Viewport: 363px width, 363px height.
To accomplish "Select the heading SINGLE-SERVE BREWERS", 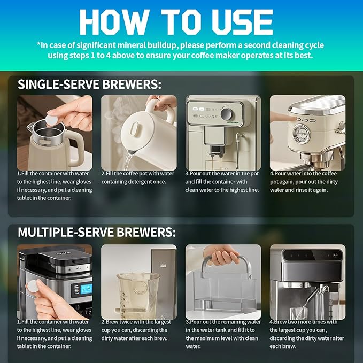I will (89, 84).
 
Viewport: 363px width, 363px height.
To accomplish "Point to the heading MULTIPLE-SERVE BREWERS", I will (96, 232).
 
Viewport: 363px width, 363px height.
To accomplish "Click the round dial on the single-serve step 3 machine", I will (228, 115).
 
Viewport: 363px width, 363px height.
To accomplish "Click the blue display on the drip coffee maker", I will (84, 289).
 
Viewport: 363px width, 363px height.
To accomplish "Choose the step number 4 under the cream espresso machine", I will (272, 173).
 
